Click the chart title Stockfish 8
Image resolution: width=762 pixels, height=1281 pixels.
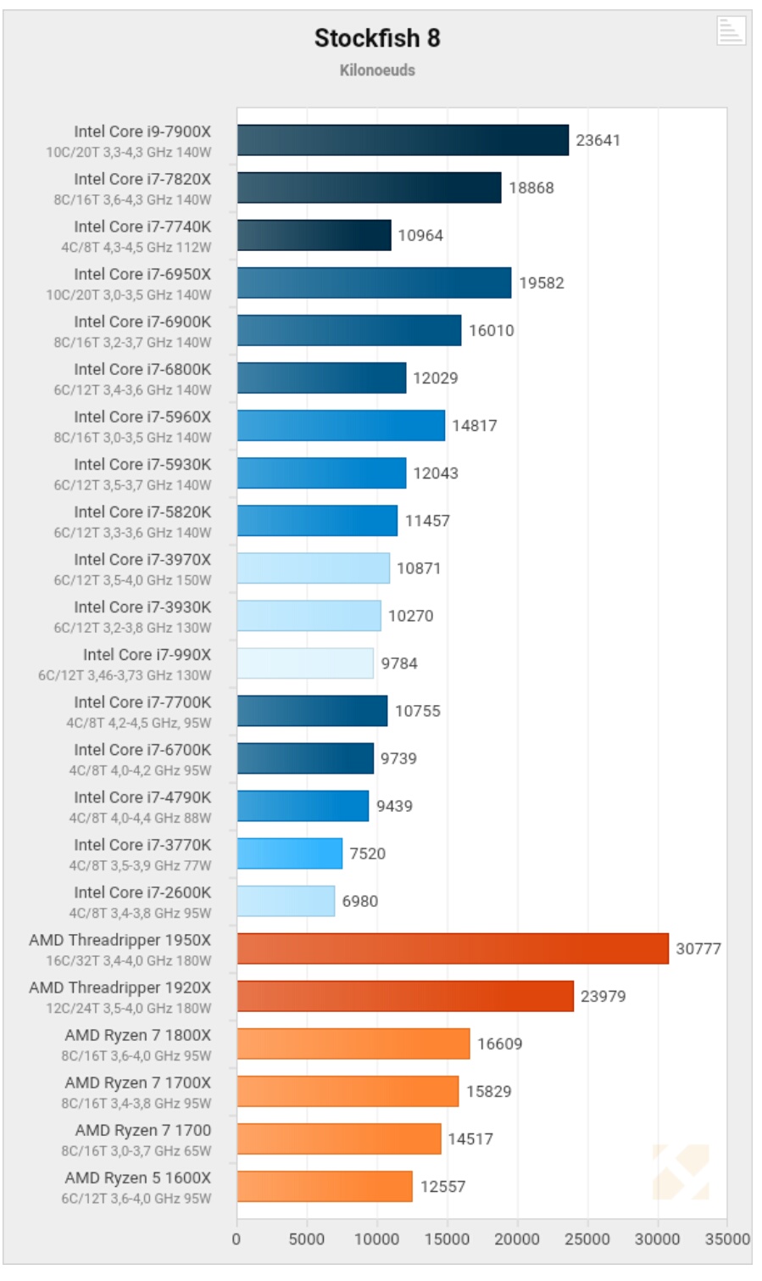coord(377,38)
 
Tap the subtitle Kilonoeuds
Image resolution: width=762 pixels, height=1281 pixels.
coord(377,70)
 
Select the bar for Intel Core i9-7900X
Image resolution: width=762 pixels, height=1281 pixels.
coord(403,140)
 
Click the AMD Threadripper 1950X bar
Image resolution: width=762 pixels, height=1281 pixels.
coord(453,948)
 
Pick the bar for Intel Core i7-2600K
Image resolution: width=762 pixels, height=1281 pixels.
coord(286,901)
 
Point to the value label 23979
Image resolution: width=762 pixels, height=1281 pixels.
coord(603,996)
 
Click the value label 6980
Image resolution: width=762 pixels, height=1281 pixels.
coord(360,901)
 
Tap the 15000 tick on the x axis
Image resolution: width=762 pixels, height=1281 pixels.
coord(447,1239)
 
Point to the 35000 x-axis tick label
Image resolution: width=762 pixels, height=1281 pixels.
coord(726,1239)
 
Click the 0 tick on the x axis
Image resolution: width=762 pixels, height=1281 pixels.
coord(236,1239)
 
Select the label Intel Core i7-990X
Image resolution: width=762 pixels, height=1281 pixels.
coord(147,655)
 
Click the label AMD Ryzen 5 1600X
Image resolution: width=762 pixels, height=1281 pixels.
coord(138,1178)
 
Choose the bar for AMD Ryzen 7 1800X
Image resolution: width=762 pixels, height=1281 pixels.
coord(353,1043)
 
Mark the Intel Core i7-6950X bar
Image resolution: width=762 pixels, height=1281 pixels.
coord(374,282)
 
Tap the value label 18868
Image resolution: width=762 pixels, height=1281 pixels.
coord(531,187)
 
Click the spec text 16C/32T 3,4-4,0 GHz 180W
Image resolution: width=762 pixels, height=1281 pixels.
coord(129,961)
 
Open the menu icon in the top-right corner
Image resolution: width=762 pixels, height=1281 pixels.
coord(730,30)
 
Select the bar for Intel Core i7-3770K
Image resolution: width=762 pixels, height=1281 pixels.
coord(289,853)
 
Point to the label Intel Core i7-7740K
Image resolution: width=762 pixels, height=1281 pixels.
coord(142,227)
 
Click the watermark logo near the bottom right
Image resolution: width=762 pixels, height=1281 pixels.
coord(681,1172)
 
